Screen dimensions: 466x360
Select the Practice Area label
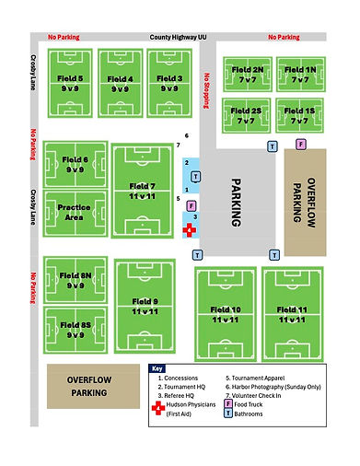click(x=74, y=212)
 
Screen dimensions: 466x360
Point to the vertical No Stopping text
click(x=209, y=87)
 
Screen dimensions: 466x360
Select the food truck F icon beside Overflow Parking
click(x=300, y=144)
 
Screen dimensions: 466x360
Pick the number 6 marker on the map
click(x=186, y=136)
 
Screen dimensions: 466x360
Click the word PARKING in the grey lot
click(x=235, y=203)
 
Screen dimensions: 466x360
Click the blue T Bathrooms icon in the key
click(x=228, y=414)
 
